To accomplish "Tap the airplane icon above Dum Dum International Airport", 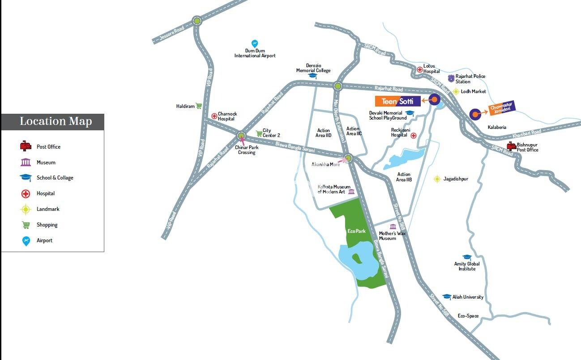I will click(255, 44).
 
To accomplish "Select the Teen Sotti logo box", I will click(397, 101).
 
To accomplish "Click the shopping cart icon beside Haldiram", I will click(199, 106).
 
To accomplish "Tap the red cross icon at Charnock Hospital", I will click(214, 116).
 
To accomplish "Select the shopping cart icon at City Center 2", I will click(259, 133).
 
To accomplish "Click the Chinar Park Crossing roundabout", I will click(241, 135).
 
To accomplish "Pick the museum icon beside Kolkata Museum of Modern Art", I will click(351, 192).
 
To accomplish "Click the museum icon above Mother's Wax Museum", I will click(393, 227).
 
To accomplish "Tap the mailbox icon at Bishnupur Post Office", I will click(512, 146).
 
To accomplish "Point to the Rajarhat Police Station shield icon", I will click(451, 79).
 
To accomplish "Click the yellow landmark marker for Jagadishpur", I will click(437, 179).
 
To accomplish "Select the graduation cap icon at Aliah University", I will click(446, 297).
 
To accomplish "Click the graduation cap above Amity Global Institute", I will click(467, 257).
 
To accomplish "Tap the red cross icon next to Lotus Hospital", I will click(419, 69).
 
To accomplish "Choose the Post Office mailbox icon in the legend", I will click(26, 146).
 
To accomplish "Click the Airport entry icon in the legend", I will click(26, 241).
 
